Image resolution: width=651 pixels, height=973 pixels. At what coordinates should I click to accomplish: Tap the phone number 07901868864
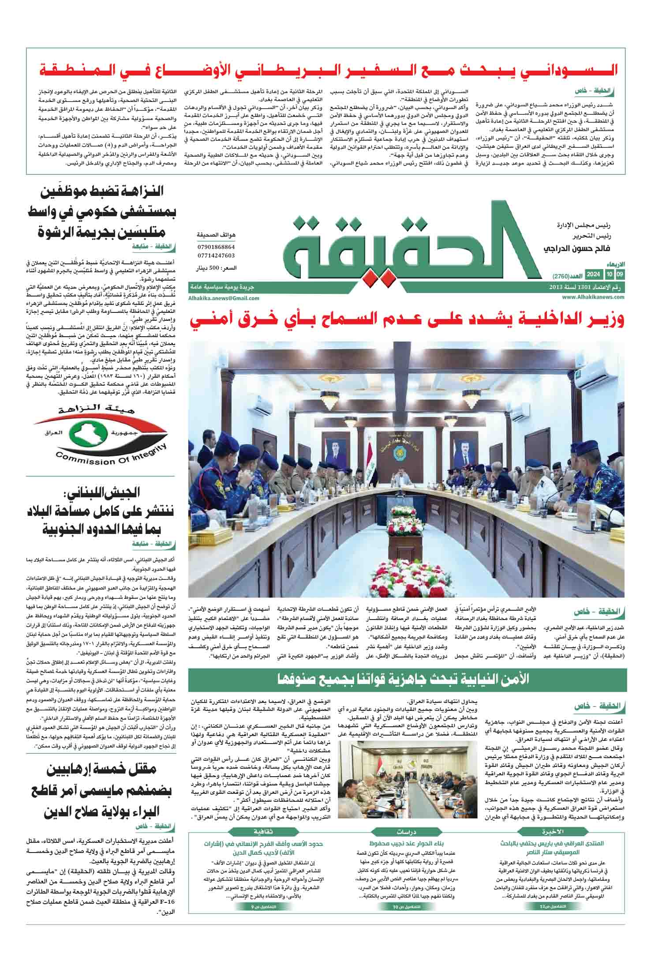(x=217, y=248)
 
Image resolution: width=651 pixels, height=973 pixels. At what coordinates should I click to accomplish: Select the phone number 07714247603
(x=217, y=255)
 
